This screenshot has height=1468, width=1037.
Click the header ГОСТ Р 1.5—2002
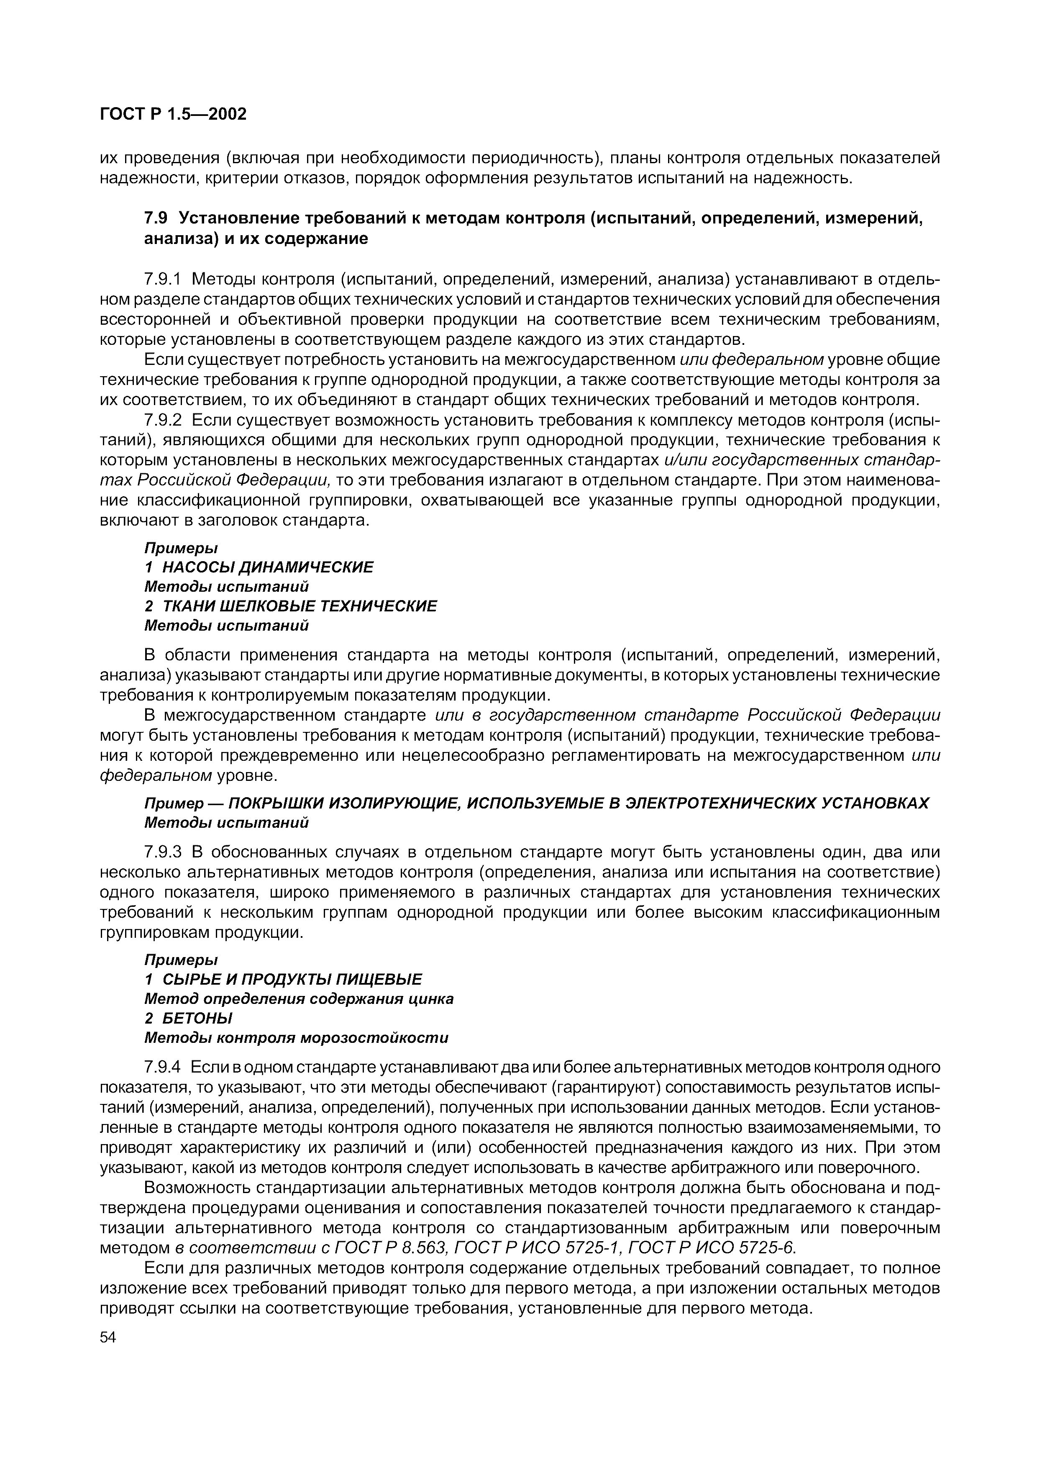pyautogui.click(x=172, y=114)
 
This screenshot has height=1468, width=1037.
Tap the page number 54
pyautogui.click(x=108, y=1337)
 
